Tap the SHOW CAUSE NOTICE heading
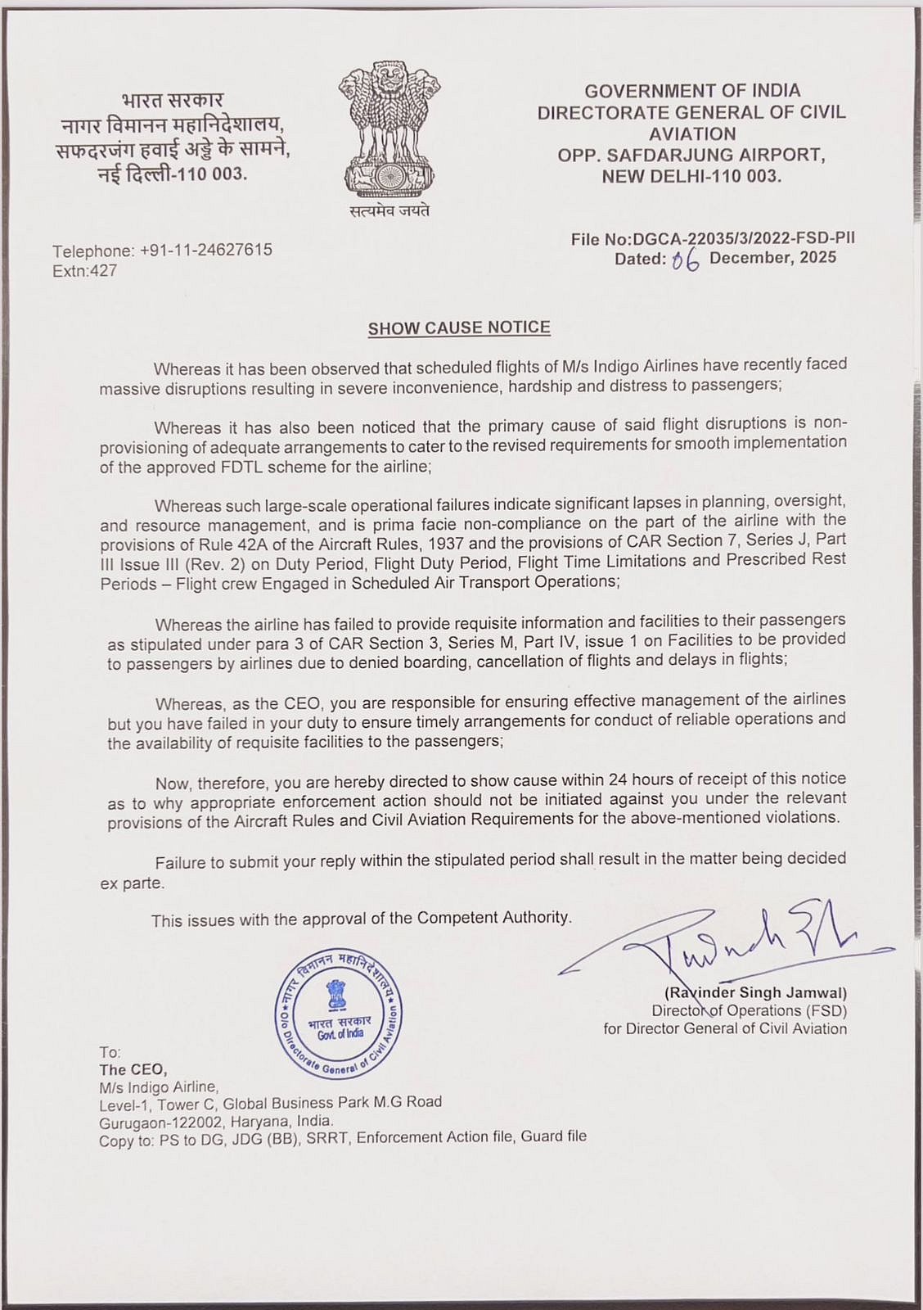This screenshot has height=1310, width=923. click(459, 327)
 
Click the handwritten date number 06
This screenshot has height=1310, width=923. click(686, 260)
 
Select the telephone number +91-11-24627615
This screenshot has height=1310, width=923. click(206, 250)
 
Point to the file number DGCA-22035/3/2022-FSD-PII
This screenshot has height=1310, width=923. click(744, 238)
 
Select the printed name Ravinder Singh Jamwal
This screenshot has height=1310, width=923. click(755, 993)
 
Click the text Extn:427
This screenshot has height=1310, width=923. click(85, 270)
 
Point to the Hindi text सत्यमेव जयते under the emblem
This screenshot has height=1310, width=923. click(389, 211)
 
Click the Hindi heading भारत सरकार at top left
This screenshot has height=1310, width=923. click(172, 102)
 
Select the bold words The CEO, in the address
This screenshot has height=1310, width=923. click(133, 1069)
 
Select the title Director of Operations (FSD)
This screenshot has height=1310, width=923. click(749, 1011)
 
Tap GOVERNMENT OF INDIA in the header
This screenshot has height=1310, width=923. click(692, 91)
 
